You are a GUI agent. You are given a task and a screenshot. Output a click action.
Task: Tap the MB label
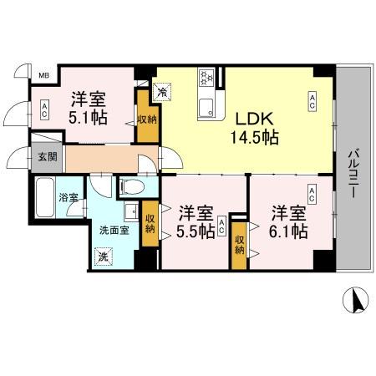click(x=43, y=77)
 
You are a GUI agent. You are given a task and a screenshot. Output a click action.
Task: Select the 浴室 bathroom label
click(x=66, y=199)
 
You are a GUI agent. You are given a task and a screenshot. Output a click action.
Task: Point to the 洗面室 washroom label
click(x=110, y=229)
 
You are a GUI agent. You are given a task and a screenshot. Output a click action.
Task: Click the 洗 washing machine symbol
click(x=104, y=257)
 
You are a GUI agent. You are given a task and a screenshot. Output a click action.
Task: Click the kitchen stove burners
click(x=206, y=79)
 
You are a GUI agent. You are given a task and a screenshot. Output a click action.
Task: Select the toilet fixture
click(x=132, y=185)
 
